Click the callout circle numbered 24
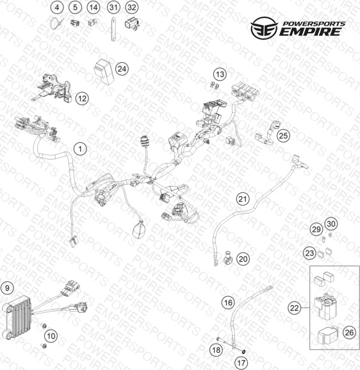click(x=122, y=69)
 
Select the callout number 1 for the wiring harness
click(x=81, y=149)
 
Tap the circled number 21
click(x=243, y=199)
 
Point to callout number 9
click(x=7, y=288)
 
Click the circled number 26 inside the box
click(x=349, y=332)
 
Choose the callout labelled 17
click(x=241, y=362)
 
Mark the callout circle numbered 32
click(x=131, y=7)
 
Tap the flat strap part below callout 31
click(x=113, y=29)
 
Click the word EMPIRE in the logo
click(x=310, y=31)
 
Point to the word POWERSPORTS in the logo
click(x=314, y=24)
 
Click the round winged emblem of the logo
click(x=264, y=28)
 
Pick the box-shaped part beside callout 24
click(x=104, y=71)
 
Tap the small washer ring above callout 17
click(x=243, y=351)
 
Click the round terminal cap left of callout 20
click(x=228, y=258)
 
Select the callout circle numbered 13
click(x=220, y=74)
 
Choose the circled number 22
click(x=295, y=308)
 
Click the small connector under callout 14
click(x=92, y=22)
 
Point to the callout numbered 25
click(x=283, y=136)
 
